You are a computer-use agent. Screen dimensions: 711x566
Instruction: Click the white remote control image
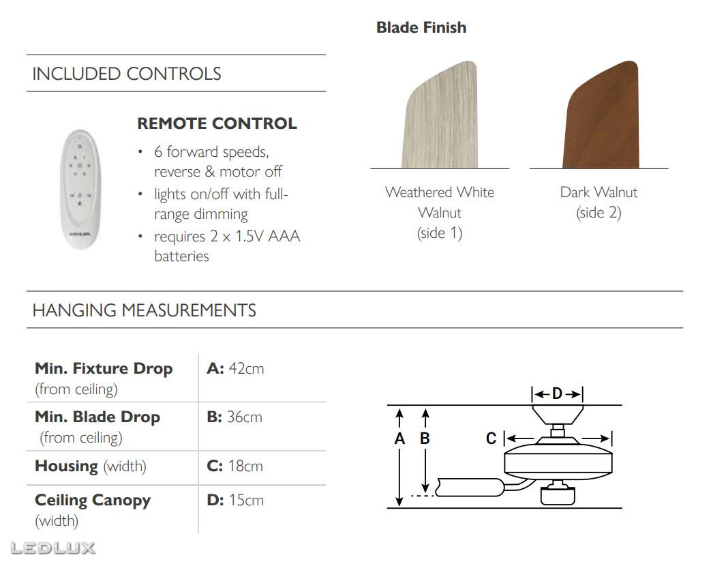(80, 189)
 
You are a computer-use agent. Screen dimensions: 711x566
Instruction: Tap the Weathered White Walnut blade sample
(440, 115)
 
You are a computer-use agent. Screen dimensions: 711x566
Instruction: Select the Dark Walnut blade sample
(601, 115)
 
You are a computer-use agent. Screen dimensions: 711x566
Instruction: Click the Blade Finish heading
(421, 27)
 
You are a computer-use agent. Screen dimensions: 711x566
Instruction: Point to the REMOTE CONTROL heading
(217, 123)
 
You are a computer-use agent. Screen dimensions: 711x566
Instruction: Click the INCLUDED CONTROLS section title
(127, 74)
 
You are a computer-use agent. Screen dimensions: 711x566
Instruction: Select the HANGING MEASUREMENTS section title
(145, 310)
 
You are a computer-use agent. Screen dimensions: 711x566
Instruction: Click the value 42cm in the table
(246, 368)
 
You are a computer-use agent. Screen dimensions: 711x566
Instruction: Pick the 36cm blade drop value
(245, 417)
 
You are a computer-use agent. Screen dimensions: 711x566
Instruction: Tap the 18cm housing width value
(245, 466)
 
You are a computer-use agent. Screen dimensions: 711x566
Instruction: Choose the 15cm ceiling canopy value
(246, 500)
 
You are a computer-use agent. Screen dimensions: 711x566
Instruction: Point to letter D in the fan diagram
(558, 393)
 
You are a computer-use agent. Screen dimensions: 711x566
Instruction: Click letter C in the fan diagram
(491, 438)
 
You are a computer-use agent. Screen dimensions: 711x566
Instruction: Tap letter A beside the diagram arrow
(399, 438)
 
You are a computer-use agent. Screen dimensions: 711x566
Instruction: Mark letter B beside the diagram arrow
(425, 438)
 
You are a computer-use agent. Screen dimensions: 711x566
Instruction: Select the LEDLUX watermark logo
(53, 548)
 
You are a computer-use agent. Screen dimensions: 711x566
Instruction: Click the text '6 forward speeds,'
(211, 151)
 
